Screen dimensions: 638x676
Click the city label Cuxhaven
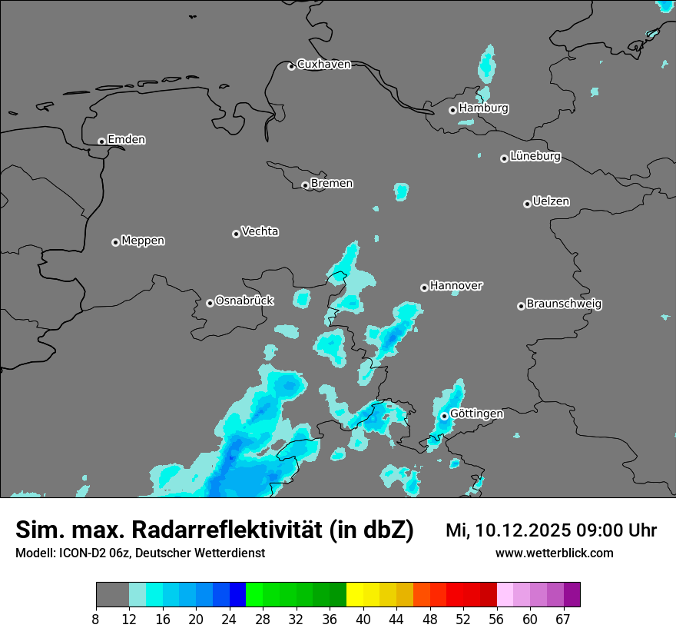click(323, 65)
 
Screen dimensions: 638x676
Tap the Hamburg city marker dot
click(452, 110)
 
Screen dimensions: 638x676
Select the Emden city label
click(126, 140)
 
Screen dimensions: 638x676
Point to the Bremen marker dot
click(305, 185)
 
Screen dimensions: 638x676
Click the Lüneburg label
click(535, 156)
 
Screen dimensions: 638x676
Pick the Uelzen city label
click(551, 201)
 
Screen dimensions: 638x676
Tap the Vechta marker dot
click(236, 234)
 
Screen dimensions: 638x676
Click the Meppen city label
click(143, 241)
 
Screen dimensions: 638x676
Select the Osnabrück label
click(244, 301)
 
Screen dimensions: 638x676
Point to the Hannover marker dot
click(424, 287)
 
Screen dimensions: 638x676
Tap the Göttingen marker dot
click(444, 416)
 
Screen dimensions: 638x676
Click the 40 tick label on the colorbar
click(363, 618)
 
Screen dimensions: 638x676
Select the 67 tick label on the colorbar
click(563, 618)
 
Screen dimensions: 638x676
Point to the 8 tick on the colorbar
click(95, 618)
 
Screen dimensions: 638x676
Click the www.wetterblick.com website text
click(554, 553)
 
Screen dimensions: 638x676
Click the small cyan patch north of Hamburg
click(487, 63)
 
